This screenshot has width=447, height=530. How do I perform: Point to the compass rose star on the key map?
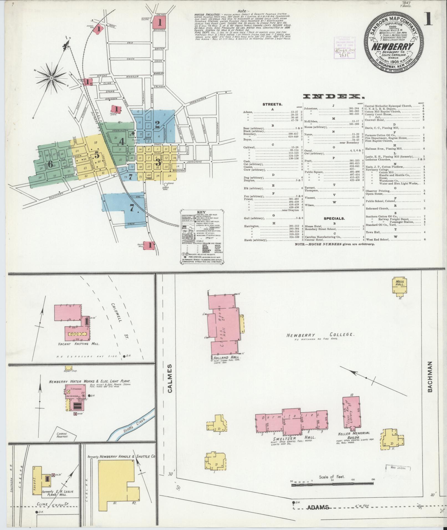click(x=51, y=78)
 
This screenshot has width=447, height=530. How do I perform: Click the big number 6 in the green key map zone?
click(x=50, y=164)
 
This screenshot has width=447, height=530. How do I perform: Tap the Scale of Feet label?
click(x=331, y=477)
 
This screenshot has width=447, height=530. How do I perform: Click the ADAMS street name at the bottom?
click(x=318, y=507)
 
